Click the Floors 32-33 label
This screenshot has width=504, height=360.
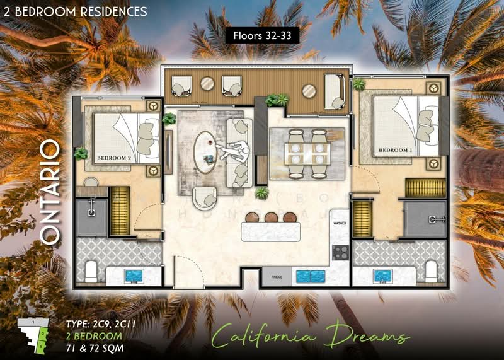coord(261,35)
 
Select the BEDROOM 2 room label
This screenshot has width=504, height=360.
coord(114,159)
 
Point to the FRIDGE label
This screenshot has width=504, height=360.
coord(277,276)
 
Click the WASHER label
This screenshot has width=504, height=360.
coord(340,223)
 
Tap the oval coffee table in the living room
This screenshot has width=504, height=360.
coord(206,152)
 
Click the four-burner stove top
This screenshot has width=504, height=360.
coord(340,252)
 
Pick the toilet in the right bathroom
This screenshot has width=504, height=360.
coord(432,272)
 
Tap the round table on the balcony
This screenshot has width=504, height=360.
coord(308,91)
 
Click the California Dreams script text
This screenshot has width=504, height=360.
coord(308,335)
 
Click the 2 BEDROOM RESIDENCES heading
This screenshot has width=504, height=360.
coord(76,11)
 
